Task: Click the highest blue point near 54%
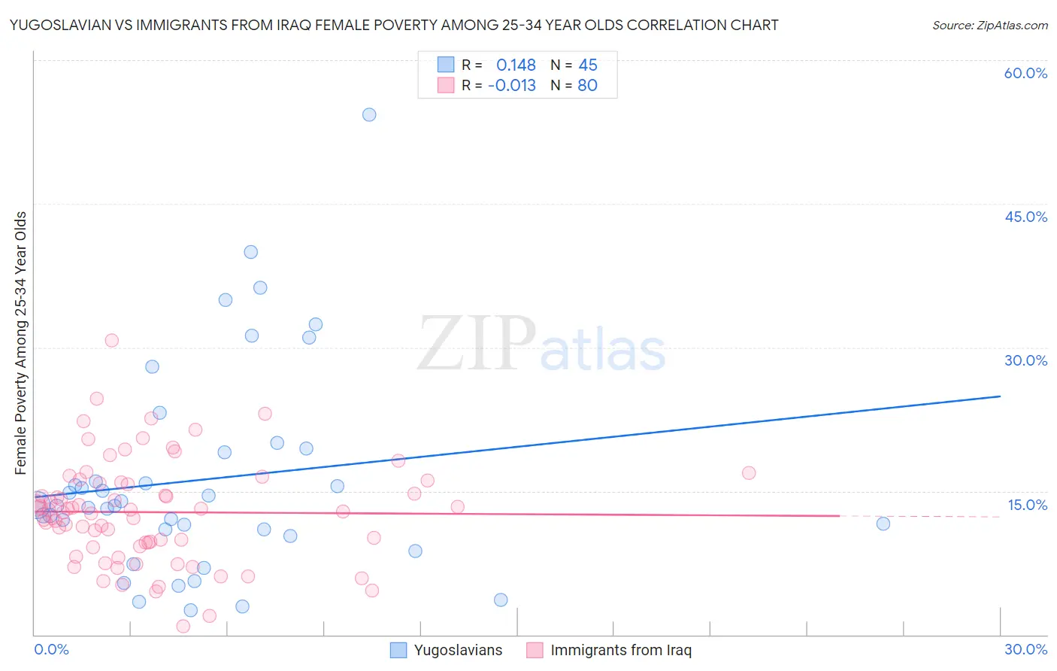[x=369, y=115]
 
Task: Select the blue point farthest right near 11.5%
[x=883, y=524]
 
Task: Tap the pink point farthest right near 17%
[x=749, y=473]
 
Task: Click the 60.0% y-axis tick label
[x=1025, y=73]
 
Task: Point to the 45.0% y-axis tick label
[x=1025, y=217]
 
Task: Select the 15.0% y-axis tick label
[x=1027, y=505]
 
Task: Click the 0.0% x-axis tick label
[x=51, y=649]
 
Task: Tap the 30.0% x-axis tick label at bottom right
[x=1025, y=649]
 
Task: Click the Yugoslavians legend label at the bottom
[x=458, y=650]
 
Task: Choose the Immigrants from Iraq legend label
[x=620, y=650]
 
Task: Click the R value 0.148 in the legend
[x=516, y=65]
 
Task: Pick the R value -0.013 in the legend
[x=512, y=86]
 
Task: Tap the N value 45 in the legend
[x=588, y=65]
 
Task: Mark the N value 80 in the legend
[x=588, y=86]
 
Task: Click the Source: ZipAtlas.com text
[x=989, y=26]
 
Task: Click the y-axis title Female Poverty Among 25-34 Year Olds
[x=21, y=343]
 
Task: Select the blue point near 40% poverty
[x=251, y=252]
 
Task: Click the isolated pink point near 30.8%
[x=112, y=340]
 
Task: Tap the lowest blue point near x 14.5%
[x=501, y=600]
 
